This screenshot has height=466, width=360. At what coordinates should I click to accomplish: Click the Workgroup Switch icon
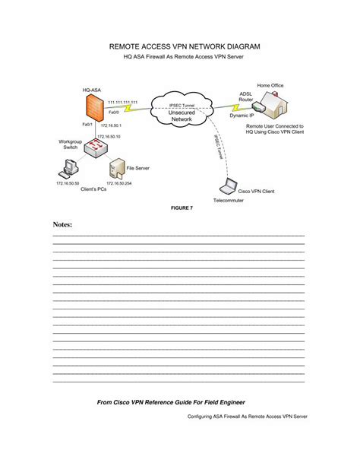point(96,149)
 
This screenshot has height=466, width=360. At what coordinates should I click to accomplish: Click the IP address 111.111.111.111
point(122,101)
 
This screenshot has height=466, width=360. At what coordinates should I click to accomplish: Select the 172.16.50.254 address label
point(119,182)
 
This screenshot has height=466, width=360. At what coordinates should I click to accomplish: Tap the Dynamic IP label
point(242,117)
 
